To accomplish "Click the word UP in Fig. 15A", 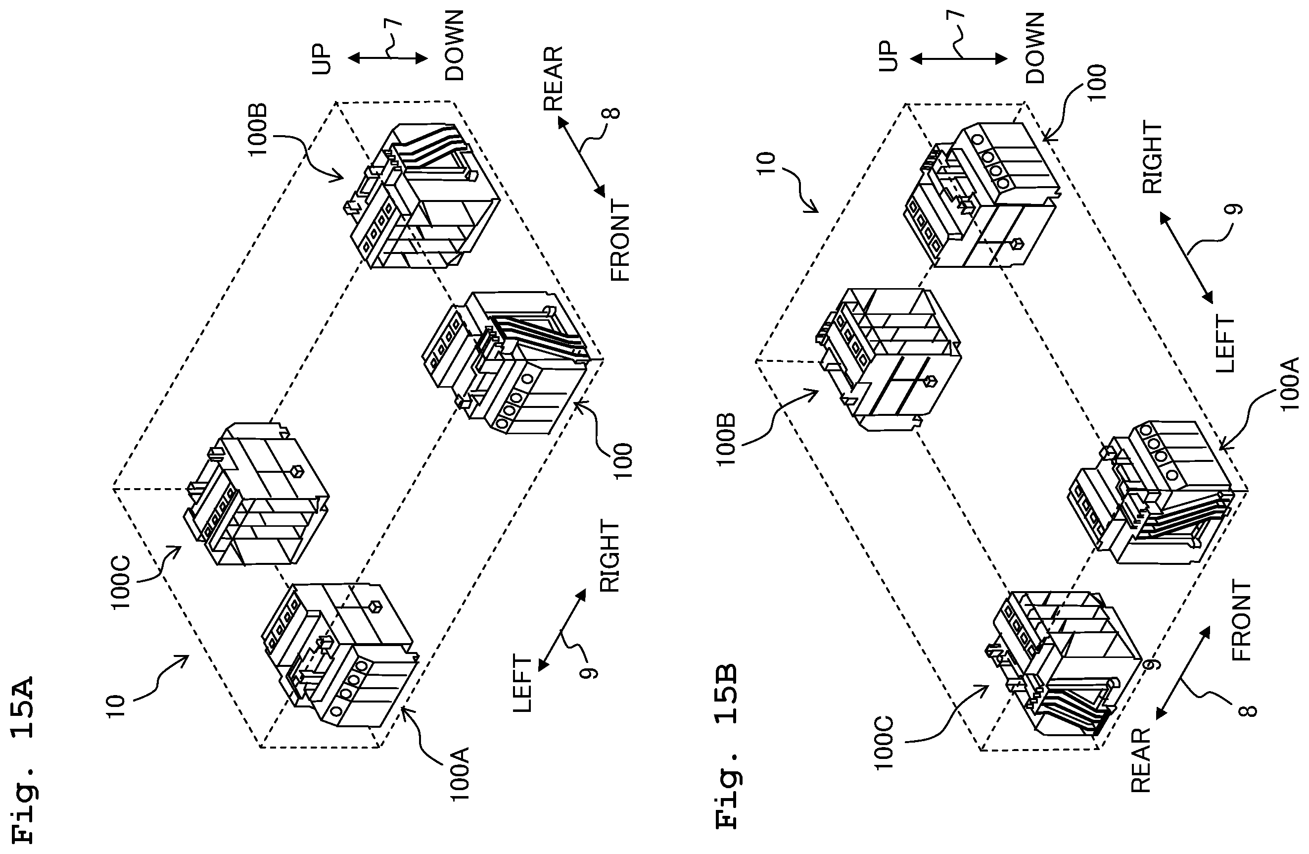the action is coord(322,58).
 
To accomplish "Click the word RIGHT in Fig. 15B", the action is coord(1152,157).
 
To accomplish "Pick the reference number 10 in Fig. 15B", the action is coord(766,163).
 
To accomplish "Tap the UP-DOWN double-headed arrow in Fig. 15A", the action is coord(388,58).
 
